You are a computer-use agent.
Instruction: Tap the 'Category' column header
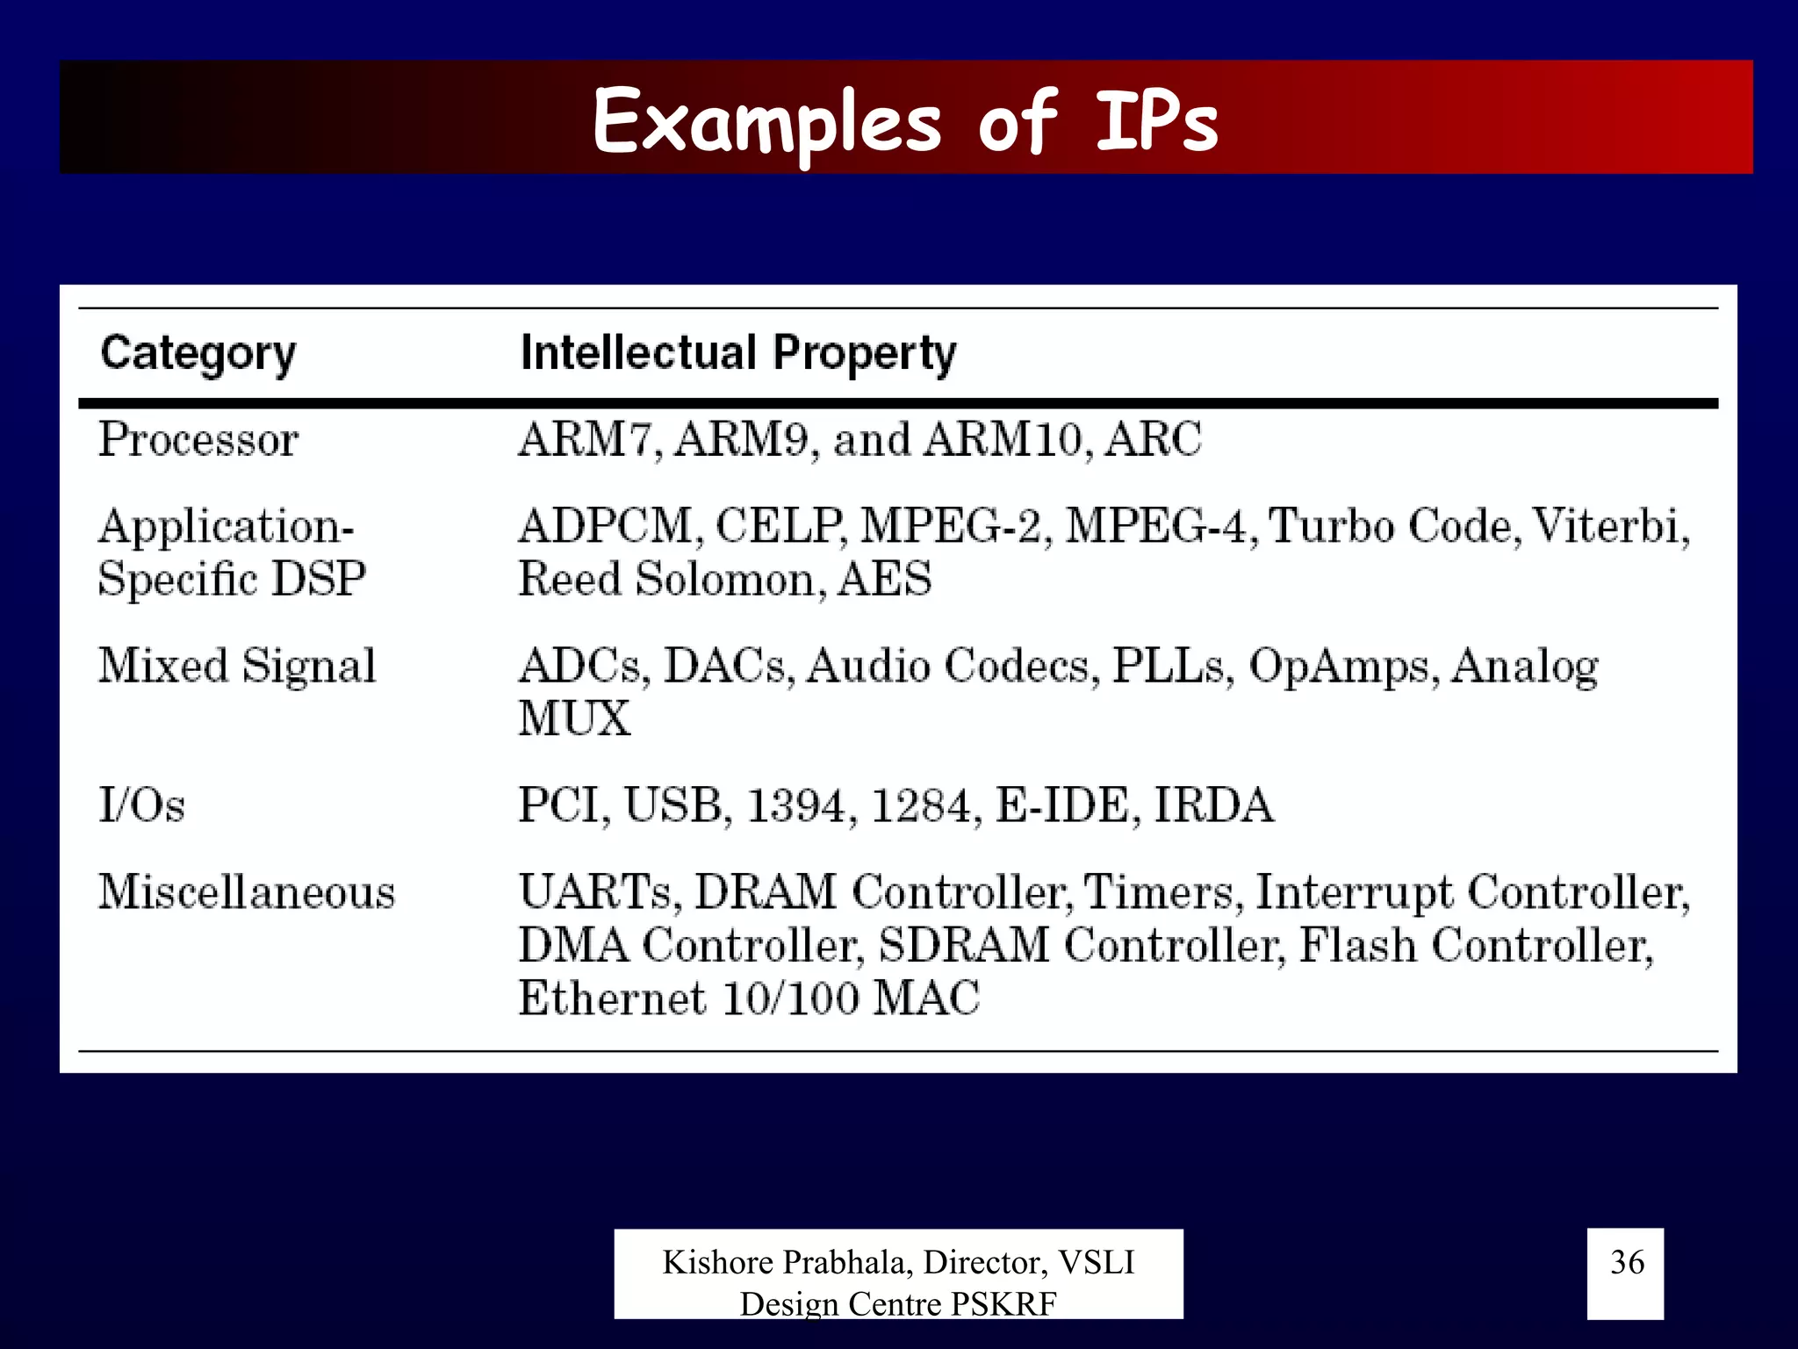(x=198, y=353)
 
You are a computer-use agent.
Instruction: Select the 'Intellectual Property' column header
(x=737, y=353)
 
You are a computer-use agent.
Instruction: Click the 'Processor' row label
(x=198, y=439)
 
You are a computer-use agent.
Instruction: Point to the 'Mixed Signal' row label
(x=237, y=666)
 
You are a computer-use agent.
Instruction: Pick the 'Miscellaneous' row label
(x=247, y=892)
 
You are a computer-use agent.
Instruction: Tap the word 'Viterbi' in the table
(x=1609, y=526)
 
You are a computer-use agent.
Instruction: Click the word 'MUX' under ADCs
(x=574, y=718)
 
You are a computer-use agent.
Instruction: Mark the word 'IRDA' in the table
(x=1213, y=805)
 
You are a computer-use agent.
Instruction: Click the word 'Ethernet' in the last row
(x=612, y=999)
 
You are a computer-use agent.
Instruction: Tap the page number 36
(x=1627, y=1262)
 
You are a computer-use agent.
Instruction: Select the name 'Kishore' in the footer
(x=719, y=1262)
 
